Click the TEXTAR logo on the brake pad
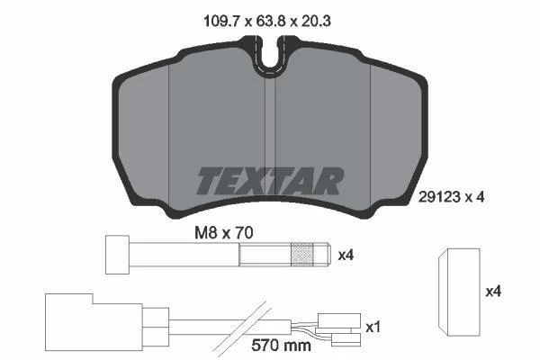(270, 181)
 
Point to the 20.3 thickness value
(316, 22)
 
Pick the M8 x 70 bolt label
(224, 233)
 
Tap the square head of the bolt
(117, 255)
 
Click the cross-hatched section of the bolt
(302, 255)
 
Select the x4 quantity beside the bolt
(346, 256)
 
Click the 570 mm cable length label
(281, 345)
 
